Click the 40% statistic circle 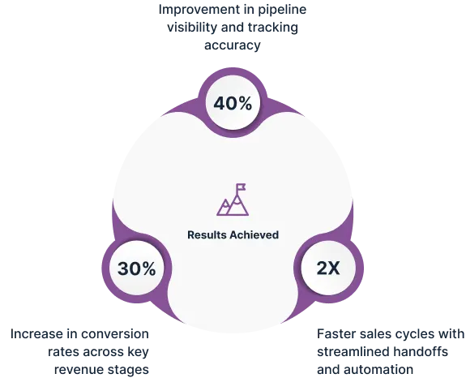(x=233, y=102)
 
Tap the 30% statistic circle (x=137, y=268)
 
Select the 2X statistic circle (x=328, y=268)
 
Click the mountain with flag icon (x=233, y=200)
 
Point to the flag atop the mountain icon (x=241, y=187)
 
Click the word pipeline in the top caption (x=282, y=10)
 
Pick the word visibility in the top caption (x=192, y=28)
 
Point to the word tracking (x=273, y=28)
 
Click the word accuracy (x=233, y=45)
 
